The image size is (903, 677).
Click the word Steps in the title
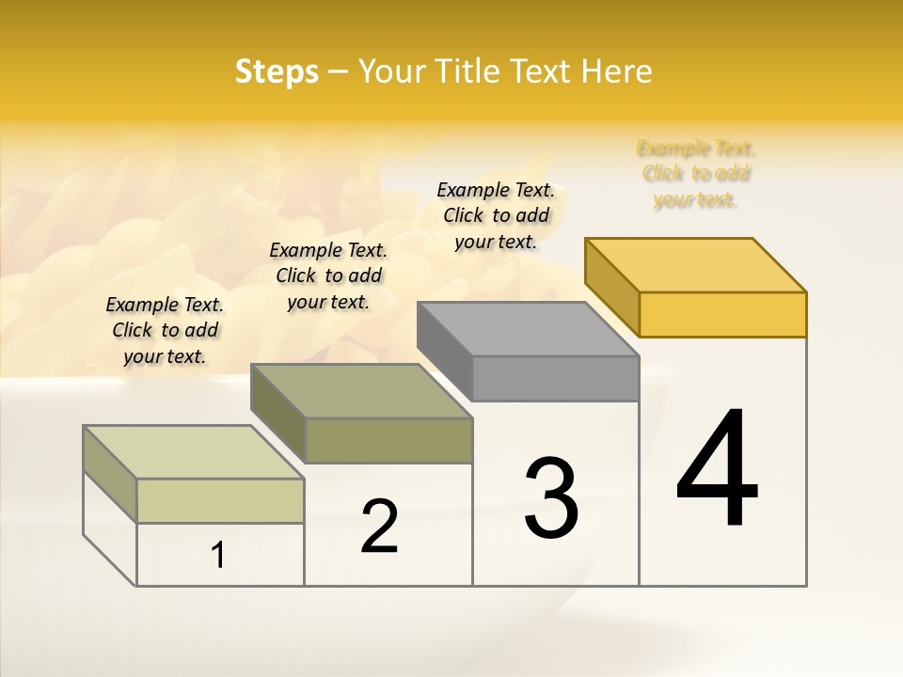tap(277, 71)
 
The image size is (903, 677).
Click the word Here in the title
tap(616, 71)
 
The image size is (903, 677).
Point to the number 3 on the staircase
tap(551, 498)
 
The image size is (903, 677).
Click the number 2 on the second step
tap(379, 527)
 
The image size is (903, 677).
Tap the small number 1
tap(218, 556)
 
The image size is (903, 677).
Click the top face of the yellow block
tap(696, 264)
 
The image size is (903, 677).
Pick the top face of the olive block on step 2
tap(361, 390)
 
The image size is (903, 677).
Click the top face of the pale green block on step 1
tap(194, 452)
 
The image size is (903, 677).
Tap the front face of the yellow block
tap(722, 314)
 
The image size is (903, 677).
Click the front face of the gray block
tap(555, 378)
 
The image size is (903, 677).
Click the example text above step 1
tap(165, 330)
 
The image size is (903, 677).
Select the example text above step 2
tap(328, 276)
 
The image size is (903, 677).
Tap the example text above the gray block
tap(496, 215)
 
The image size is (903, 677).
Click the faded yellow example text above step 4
tap(696, 174)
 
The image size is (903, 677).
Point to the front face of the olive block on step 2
tap(388, 440)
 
